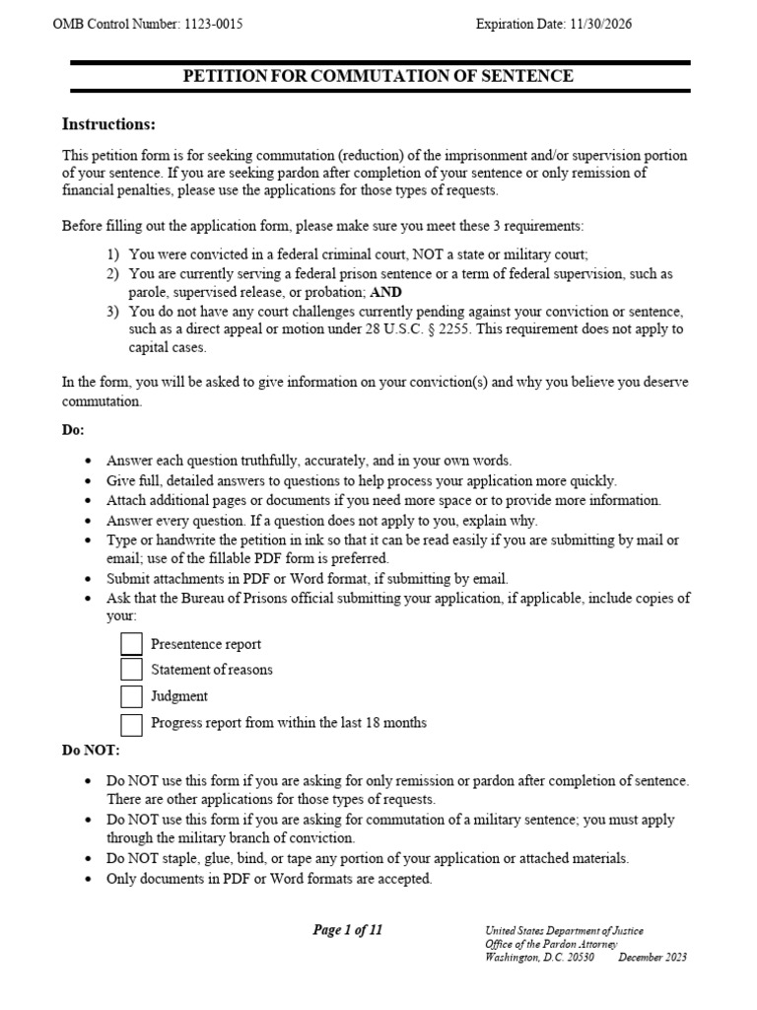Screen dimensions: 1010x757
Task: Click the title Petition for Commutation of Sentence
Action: point(379,76)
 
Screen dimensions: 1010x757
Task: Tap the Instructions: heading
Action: point(108,124)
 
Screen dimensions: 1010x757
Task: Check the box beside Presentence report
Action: point(132,644)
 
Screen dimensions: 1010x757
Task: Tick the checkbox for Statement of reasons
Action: point(132,670)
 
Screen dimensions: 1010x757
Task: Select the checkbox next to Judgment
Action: point(132,696)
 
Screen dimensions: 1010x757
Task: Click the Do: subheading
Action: point(74,431)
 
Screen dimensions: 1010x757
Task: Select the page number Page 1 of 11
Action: point(347,930)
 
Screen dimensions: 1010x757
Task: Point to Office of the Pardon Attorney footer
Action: point(551,944)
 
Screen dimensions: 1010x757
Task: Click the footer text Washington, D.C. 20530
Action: point(541,957)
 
